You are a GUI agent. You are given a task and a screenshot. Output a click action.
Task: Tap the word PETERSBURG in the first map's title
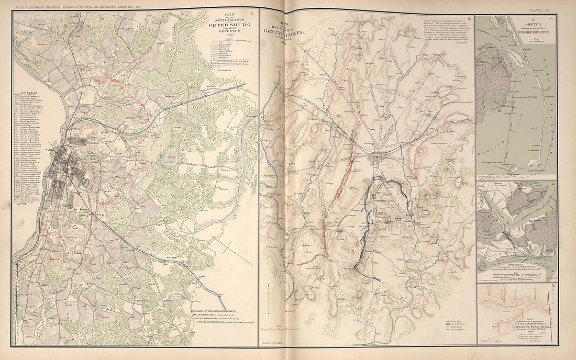pos(229,25)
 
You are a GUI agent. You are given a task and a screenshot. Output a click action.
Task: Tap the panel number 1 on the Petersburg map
pos(252,20)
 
